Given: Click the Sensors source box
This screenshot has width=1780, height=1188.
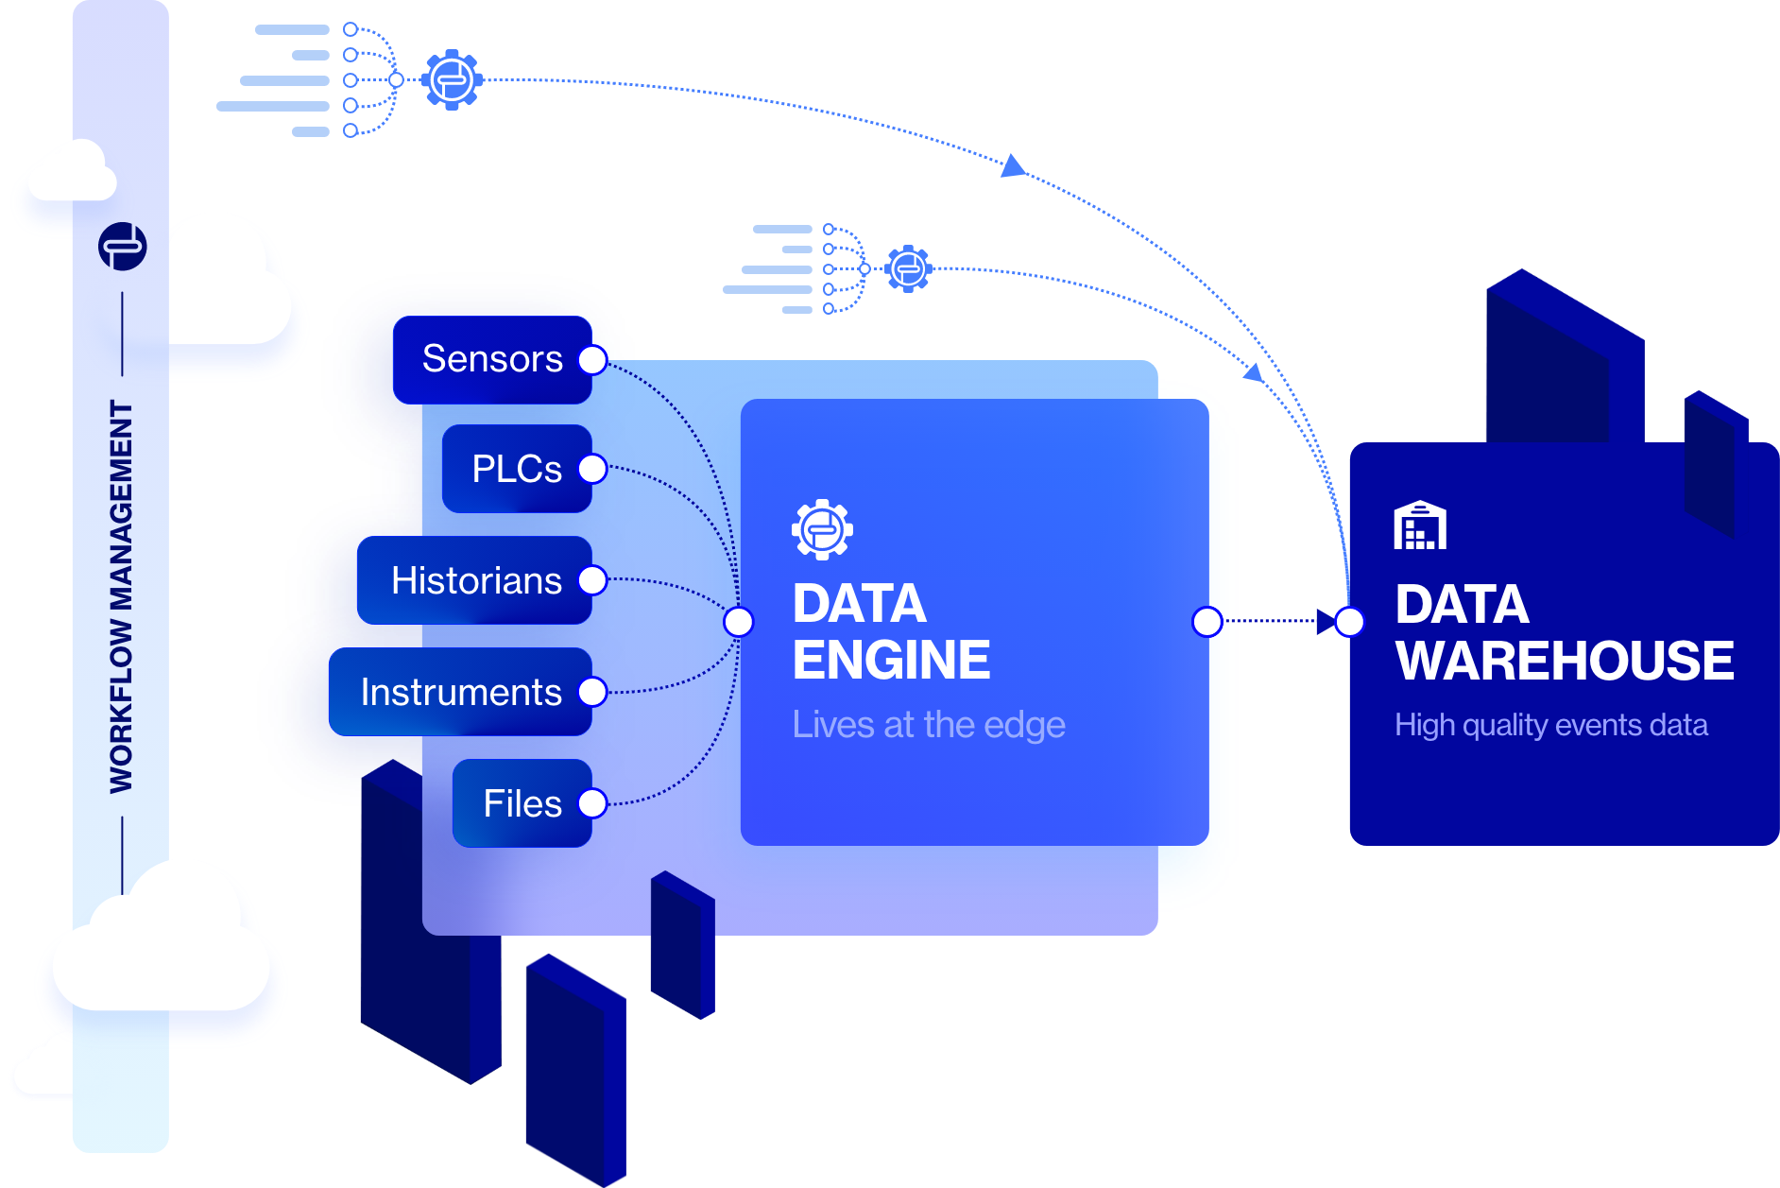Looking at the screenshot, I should coord(491,360).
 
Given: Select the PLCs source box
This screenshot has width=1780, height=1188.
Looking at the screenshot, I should coord(516,469).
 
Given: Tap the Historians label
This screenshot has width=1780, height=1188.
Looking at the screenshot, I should coord(476,580).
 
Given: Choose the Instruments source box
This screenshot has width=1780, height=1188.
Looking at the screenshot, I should coord(460,692).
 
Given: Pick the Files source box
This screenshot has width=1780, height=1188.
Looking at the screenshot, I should coord(522,803).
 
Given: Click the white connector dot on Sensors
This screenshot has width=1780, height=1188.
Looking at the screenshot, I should coord(592,360).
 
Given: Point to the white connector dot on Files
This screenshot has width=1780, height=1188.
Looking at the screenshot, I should coord(592,803).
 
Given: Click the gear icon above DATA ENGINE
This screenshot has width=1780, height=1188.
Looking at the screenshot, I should coord(822,529).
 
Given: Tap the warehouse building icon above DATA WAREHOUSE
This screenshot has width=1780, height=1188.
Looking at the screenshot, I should coord(1420,526).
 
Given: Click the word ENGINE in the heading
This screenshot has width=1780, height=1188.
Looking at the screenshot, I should coord(891,660).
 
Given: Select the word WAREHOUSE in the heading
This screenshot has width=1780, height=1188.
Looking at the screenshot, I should coord(1565,660).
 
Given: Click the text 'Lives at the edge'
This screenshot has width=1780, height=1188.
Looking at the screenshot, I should coord(929,725).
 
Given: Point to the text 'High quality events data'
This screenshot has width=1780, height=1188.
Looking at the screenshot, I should coord(1550,725).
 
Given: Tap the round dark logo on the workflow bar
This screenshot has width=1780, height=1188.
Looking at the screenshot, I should coord(123,247).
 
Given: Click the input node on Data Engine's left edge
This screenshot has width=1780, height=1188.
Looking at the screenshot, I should coord(739,622).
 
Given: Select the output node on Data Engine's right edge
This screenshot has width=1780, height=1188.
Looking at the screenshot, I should coord(1207,622).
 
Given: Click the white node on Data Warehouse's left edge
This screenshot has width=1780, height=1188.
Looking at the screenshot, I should coord(1350,622).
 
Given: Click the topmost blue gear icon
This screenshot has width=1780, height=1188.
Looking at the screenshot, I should coord(452,79).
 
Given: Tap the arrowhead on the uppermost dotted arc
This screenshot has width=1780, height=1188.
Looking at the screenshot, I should coord(1013,167).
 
